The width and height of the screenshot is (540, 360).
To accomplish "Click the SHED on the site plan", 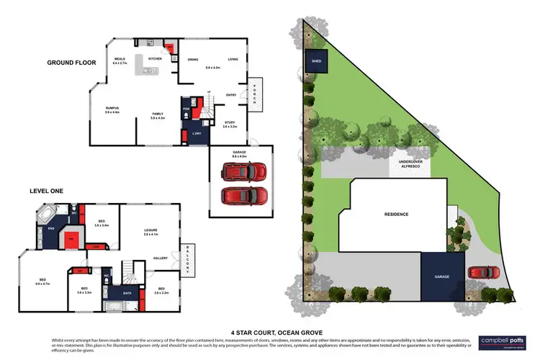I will pyautogui.click(x=315, y=61).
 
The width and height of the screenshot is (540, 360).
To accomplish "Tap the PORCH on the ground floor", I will pyautogui.click(x=254, y=94).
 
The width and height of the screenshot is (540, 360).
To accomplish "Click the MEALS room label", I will pyautogui.click(x=120, y=60).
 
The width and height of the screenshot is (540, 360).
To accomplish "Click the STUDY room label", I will pyautogui.click(x=230, y=123).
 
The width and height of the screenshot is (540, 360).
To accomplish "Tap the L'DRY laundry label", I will pyautogui.click(x=197, y=134).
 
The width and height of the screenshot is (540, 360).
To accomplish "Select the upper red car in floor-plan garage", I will pyautogui.click(x=243, y=173).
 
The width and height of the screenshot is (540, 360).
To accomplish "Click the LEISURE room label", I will pyautogui.click(x=150, y=232).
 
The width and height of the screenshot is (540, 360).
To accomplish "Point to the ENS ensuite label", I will pyautogui.click(x=50, y=229).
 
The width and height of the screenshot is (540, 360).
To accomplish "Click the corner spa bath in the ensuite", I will pyautogui.click(x=45, y=215).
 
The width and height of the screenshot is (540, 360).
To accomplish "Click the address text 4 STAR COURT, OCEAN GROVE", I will pyautogui.click(x=269, y=333).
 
